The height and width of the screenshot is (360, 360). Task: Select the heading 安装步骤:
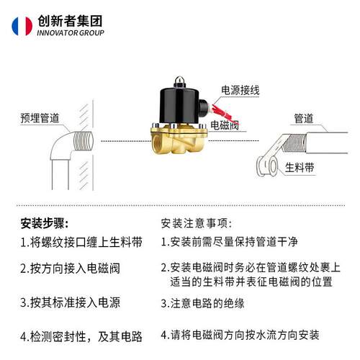pos(45,222)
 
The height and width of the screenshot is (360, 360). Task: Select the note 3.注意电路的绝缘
pos(202,303)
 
